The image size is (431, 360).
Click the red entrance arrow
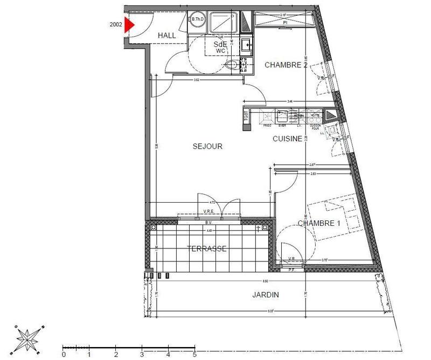[129, 25]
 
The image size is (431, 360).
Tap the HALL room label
[168, 36]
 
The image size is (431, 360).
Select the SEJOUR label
[208, 146]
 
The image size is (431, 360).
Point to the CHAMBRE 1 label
[318, 224]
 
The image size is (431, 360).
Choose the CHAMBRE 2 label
[286, 65]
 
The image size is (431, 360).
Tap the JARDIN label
[266, 295]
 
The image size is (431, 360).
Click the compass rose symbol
[27, 338]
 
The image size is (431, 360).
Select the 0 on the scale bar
[64, 355]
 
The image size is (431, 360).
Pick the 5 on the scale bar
[194, 355]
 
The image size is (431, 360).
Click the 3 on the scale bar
[142, 355]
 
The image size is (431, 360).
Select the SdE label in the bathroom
[220, 44]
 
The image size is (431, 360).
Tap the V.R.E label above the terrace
[210, 211]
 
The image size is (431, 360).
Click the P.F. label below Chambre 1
[292, 269]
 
